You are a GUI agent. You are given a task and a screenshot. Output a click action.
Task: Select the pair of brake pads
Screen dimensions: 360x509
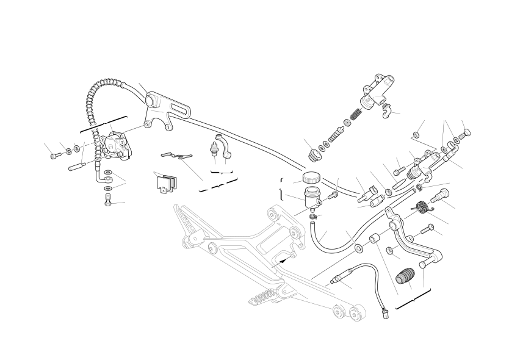(x=167, y=182)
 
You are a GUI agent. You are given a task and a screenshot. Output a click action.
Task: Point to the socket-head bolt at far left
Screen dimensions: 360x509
(x=53, y=155)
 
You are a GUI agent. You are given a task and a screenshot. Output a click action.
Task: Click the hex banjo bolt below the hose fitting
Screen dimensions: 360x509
(x=107, y=202)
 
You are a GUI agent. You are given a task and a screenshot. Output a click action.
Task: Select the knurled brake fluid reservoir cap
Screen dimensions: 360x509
(x=311, y=178)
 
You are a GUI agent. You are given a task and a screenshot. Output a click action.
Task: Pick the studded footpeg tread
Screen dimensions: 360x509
(x=264, y=299)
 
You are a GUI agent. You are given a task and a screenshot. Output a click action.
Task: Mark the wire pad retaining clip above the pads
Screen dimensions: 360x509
(x=175, y=156)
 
